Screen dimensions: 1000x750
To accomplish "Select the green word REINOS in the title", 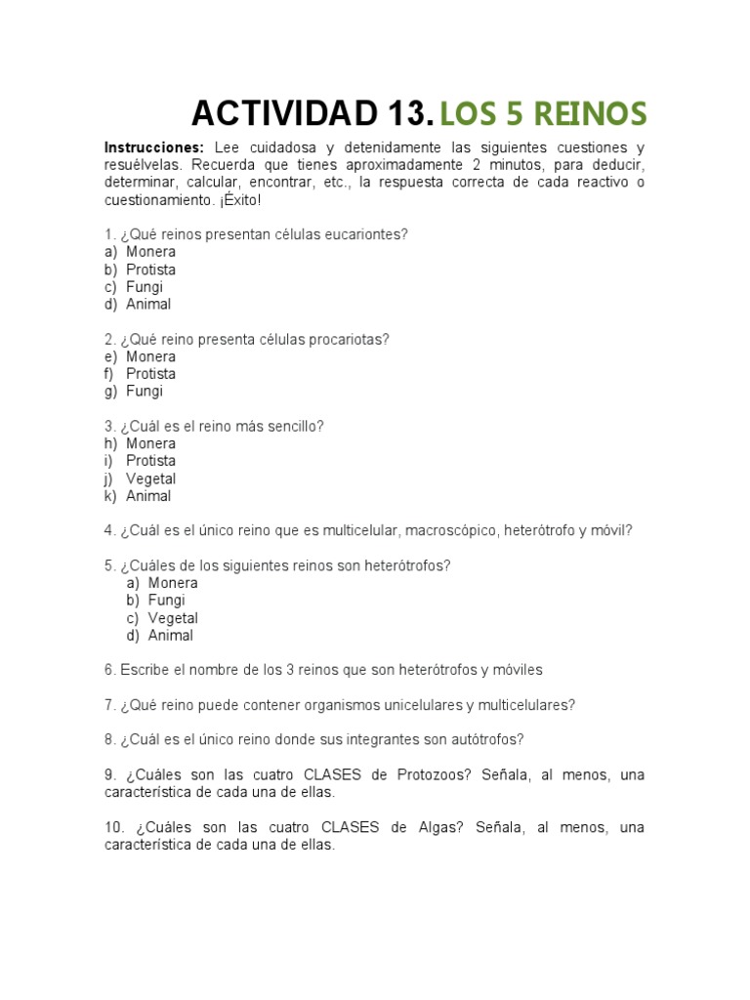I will [x=589, y=114].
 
